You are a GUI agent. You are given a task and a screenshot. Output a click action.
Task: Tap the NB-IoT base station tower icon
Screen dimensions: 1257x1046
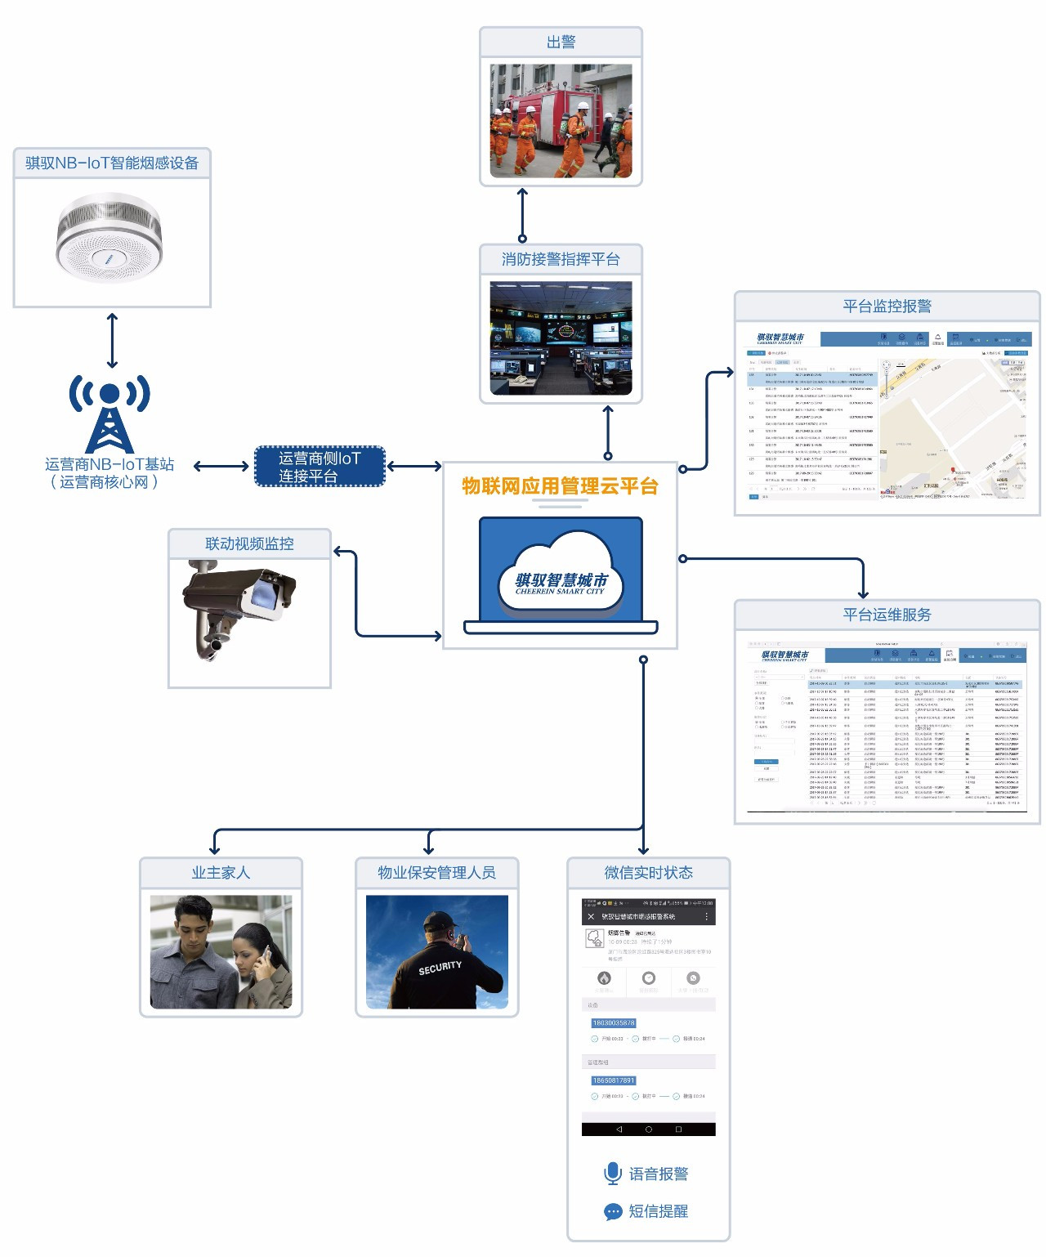coord(110,414)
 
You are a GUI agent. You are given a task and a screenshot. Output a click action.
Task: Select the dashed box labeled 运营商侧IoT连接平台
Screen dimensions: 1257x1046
coord(320,467)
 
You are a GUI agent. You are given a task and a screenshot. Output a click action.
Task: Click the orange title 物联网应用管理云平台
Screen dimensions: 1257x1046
coord(560,486)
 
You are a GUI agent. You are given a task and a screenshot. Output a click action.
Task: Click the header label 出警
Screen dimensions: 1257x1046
coord(561,42)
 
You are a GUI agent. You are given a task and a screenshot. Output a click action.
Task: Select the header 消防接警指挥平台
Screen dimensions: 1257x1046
coord(561,259)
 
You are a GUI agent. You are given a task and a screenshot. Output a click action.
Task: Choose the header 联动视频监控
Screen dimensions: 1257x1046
coord(249,544)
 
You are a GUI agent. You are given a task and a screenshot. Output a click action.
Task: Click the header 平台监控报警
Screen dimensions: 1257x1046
coord(887,306)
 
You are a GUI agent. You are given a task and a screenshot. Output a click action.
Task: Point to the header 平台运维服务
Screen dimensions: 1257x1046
coord(887,615)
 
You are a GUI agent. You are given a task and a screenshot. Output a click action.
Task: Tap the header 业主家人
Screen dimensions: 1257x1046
coord(221,873)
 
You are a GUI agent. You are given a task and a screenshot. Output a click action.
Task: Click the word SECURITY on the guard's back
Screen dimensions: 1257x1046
coord(440,968)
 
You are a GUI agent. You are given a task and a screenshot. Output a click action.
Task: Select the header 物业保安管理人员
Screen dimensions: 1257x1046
coord(436,873)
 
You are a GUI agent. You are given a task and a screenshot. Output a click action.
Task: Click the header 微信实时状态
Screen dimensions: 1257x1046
coord(648,873)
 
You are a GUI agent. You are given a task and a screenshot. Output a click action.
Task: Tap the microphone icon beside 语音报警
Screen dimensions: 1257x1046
coord(612,1174)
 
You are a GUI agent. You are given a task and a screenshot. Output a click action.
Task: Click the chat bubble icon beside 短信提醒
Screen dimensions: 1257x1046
coord(613,1211)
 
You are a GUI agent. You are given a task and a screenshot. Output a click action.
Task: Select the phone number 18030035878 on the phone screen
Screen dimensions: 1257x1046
coord(613,1023)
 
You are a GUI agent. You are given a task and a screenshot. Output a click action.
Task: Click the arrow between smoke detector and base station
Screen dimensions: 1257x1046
coord(112,340)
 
